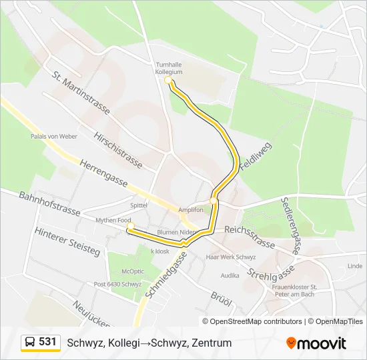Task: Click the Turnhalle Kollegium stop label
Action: pyautogui.click(x=168, y=67)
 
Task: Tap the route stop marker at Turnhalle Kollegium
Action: pyautogui.click(x=168, y=81)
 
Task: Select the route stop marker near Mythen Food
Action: pyautogui.click(x=131, y=225)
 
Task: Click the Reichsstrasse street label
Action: pyautogui.click(x=250, y=237)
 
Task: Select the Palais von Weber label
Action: pyautogui.click(x=54, y=136)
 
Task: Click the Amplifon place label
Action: pyautogui.click(x=190, y=209)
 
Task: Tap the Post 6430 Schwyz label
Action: pyautogui.click(x=117, y=284)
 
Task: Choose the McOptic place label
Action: pyautogui.click(x=132, y=271)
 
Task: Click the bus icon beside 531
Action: pyautogui.click(x=30, y=343)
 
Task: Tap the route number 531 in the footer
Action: pyautogui.click(x=48, y=342)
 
